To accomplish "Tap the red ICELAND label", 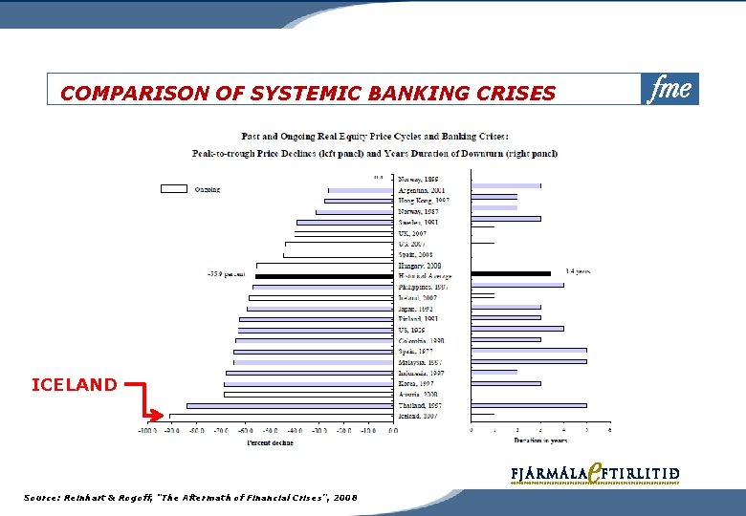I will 75,385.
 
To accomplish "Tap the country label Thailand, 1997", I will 421,405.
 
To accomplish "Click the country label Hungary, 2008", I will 420,266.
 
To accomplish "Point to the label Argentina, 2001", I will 422,190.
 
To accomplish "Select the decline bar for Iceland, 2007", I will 281,417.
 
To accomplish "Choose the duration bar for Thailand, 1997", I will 528,405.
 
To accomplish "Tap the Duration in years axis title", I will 540,441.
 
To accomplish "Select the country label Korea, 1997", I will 417,383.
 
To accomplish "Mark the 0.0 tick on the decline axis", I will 392,431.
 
